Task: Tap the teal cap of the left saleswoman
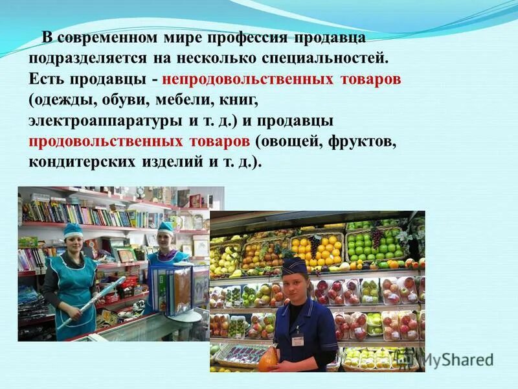73,229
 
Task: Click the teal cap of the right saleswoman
166,227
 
